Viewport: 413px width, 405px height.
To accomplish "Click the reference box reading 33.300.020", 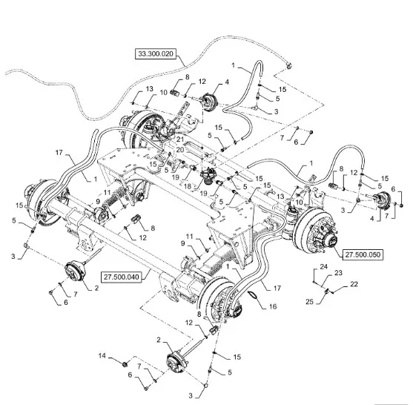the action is [x=156, y=53].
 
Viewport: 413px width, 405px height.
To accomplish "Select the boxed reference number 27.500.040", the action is [x=121, y=277].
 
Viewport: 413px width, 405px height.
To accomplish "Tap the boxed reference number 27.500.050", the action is [x=363, y=255].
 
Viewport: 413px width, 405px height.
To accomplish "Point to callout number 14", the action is [x=102, y=356].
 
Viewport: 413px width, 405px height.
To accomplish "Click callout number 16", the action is [x=273, y=306].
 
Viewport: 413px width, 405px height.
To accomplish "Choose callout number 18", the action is [x=188, y=187].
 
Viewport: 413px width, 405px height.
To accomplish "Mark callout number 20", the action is [x=180, y=150].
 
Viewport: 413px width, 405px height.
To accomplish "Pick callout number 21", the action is [x=180, y=139].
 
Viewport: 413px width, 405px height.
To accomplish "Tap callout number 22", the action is [x=354, y=284].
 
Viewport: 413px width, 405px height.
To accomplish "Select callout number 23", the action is [x=338, y=273].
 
